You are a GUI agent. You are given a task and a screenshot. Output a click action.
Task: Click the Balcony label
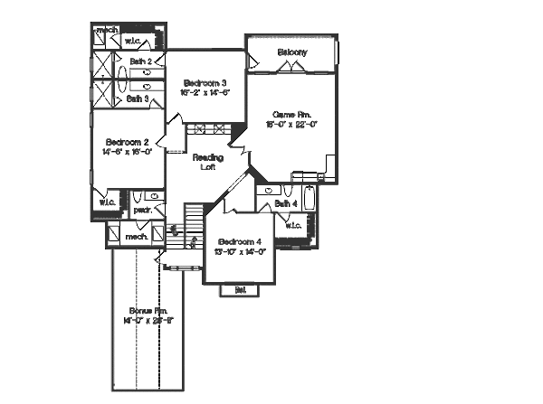[x=292, y=52]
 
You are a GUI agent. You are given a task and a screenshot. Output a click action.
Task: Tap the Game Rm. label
[x=292, y=115]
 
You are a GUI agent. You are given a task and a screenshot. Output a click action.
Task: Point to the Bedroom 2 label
[x=128, y=142]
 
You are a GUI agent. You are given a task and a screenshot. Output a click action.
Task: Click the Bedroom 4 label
[x=240, y=241]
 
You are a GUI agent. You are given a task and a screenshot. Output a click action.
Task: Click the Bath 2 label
[x=139, y=62]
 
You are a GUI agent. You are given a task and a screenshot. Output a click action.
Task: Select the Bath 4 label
[x=285, y=203]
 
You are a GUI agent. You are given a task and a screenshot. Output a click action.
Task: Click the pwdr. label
[x=142, y=211]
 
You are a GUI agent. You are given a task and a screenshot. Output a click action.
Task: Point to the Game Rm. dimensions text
[x=292, y=126]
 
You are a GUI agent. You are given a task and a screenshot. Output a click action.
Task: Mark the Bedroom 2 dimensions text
[x=128, y=153]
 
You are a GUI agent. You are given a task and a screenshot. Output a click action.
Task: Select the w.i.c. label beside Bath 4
[x=293, y=226]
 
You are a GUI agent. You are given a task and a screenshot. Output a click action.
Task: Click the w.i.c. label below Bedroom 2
[x=107, y=202]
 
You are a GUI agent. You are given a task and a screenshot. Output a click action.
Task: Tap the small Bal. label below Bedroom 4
[x=241, y=290]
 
